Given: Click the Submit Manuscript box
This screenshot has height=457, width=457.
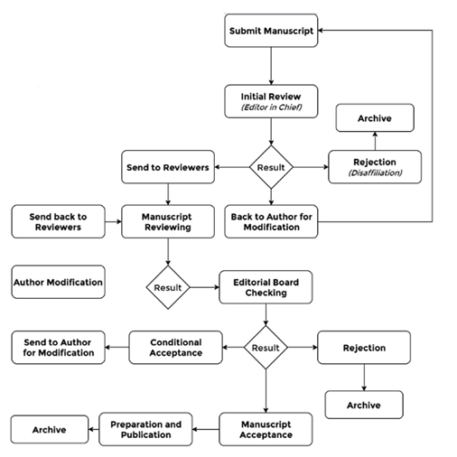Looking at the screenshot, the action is pyautogui.click(x=271, y=31).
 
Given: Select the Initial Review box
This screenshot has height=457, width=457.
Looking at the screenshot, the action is pyautogui.click(x=271, y=101).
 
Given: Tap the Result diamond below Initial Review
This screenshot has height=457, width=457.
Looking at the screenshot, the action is pyautogui.click(x=271, y=167).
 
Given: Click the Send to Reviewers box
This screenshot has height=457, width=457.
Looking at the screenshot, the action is pyautogui.click(x=168, y=167).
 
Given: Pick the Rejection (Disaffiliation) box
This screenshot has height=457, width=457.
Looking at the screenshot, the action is pyautogui.click(x=375, y=167).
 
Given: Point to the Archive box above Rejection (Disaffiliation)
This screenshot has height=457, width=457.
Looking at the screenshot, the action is pyautogui.click(x=375, y=118).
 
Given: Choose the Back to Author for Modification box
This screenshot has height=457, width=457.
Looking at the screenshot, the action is pyautogui.click(x=271, y=221).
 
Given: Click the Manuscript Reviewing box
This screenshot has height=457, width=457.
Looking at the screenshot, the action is pyautogui.click(x=168, y=221).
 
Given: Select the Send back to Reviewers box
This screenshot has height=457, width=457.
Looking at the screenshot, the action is pyautogui.click(x=58, y=221).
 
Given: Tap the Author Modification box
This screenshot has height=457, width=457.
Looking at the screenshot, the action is pyautogui.click(x=58, y=282).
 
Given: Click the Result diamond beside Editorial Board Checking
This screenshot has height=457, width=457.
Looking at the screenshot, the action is pyautogui.click(x=168, y=287).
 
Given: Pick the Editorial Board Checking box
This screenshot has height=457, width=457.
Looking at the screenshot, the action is pyautogui.click(x=266, y=287).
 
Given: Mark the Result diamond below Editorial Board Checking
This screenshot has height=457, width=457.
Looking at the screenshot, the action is pyautogui.click(x=266, y=348).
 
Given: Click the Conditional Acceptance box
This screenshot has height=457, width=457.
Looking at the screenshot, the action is pyautogui.click(x=176, y=348).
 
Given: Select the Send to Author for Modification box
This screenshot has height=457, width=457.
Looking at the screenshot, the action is pyautogui.click(x=58, y=348).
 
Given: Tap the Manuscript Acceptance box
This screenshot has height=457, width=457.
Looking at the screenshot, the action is pyautogui.click(x=266, y=429).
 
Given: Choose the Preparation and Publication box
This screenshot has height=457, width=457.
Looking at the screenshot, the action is pyautogui.click(x=145, y=429).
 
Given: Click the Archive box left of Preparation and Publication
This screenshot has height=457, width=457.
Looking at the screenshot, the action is pyautogui.click(x=50, y=429).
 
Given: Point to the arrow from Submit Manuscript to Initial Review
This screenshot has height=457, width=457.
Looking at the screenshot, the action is pyautogui.click(x=271, y=66).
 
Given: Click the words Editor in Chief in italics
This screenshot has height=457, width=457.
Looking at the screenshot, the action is pyautogui.click(x=271, y=107).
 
